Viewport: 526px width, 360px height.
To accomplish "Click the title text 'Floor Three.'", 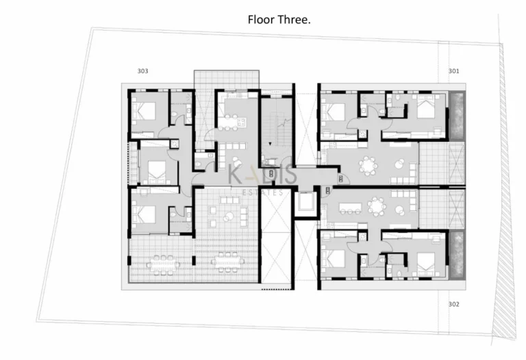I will (x=279, y=20).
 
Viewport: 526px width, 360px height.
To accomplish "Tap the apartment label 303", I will (x=142, y=71).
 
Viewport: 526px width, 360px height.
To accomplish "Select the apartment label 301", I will (x=453, y=71).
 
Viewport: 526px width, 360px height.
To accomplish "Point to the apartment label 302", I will (x=453, y=304).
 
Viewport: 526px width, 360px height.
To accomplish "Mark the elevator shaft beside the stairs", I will (x=305, y=203).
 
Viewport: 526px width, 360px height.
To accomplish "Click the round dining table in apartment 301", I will (x=370, y=166).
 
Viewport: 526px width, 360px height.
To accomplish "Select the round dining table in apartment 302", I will (x=376, y=205).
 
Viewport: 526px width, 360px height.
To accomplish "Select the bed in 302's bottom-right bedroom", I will (x=425, y=261).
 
